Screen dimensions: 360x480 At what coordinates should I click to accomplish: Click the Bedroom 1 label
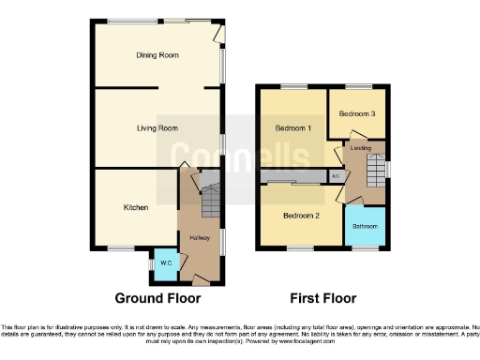tap(292, 127)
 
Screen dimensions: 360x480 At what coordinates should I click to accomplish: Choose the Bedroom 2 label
tap(301, 215)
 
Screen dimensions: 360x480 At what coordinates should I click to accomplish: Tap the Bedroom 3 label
tap(357, 113)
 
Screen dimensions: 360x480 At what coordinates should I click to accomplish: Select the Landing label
tap(361, 148)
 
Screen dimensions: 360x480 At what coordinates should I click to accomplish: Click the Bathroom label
tap(366, 226)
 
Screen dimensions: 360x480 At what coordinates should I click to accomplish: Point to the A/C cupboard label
tap(335, 174)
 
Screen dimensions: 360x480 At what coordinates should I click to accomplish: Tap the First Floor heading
tap(322, 299)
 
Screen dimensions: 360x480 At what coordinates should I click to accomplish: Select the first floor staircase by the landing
tap(376, 170)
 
